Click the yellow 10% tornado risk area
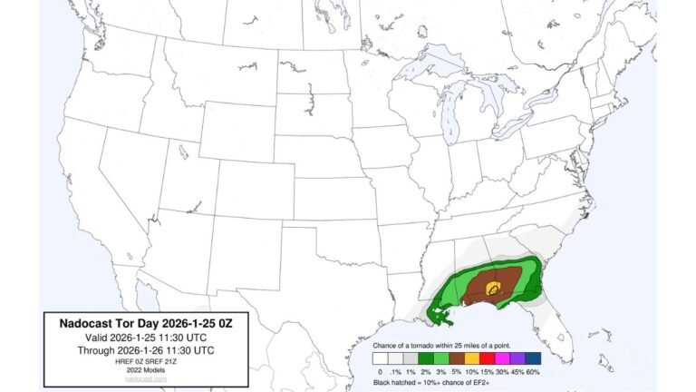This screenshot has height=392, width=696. point(493,288)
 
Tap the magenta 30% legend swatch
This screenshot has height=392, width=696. point(504,358)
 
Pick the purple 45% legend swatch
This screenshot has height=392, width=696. point(519,358)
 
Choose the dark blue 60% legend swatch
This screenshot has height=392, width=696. point(534,358)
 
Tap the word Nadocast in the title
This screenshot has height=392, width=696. point(90,323)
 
